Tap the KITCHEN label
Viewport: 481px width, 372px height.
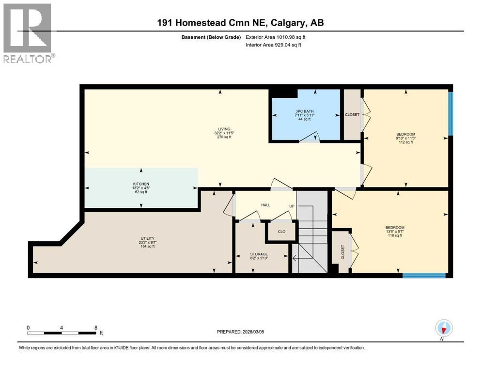pos(140,184)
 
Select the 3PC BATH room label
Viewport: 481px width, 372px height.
pos(305,111)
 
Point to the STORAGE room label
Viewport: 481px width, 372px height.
pos(259,254)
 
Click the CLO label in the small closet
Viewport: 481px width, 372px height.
pos(281,232)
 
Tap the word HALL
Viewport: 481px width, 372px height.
pos(265,205)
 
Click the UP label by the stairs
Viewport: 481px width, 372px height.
pos(292,206)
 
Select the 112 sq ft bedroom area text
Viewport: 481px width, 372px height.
pos(406,142)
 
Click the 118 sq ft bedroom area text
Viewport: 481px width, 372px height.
pos(395,236)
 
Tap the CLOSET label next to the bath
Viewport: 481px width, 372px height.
pos(352,115)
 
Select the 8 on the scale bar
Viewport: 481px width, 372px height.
pos(95,327)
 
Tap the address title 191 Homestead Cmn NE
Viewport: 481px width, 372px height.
pos(240,23)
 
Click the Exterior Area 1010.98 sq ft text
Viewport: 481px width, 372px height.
pos(276,37)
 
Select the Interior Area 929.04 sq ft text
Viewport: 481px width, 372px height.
pos(276,45)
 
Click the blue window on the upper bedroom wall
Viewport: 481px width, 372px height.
pos(450,114)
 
